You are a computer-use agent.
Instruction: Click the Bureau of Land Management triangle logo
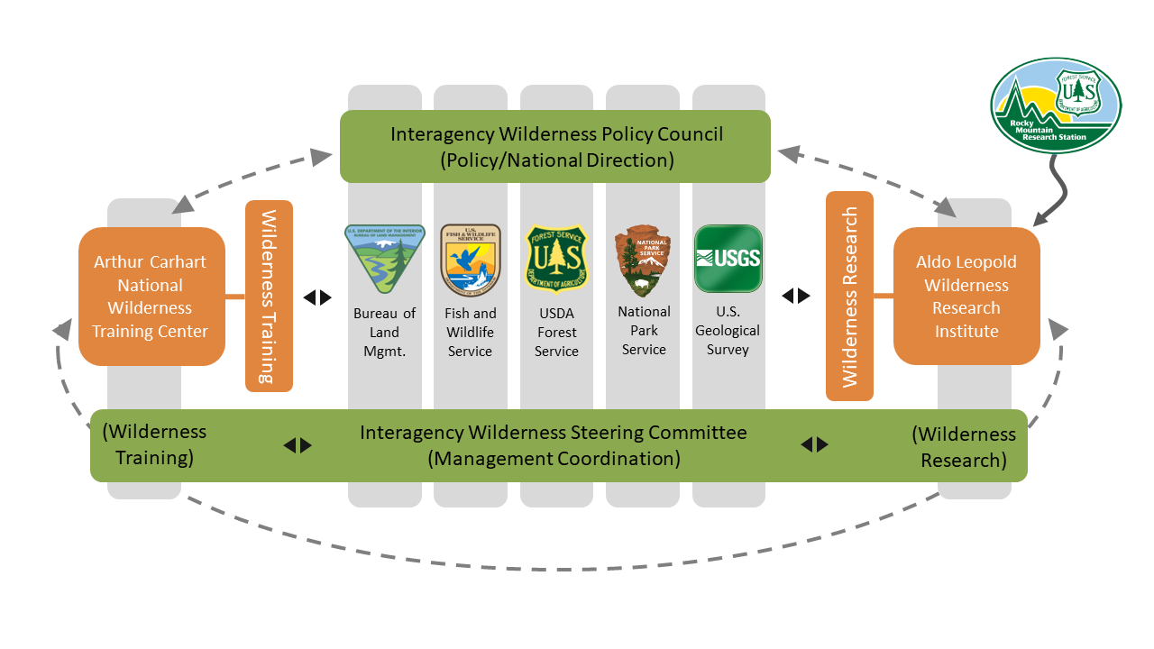coord(384,259)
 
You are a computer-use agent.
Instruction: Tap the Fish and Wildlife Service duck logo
coord(470,260)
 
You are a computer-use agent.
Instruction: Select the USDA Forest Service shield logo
coord(556,259)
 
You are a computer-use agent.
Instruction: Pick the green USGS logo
coord(728,259)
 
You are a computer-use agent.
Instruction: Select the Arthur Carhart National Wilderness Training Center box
coord(151,297)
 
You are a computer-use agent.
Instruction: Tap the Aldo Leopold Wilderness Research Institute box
coord(966,297)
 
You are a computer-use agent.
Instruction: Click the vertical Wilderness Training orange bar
coord(269,297)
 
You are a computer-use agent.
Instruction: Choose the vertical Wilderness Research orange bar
coord(849,297)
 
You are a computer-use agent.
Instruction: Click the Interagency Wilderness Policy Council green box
coord(555,147)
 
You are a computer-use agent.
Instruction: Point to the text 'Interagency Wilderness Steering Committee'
coord(554,433)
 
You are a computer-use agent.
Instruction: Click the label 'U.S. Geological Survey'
coord(728,330)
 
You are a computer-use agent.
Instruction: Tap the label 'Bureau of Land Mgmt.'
coord(384,332)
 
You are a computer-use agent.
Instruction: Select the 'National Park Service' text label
coord(644,330)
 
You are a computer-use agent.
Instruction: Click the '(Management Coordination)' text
coord(554,458)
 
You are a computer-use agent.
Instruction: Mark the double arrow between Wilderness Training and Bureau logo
coord(317,297)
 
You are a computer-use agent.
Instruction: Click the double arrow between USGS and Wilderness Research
coord(795,296)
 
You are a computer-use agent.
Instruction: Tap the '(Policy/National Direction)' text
coord(556,160)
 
